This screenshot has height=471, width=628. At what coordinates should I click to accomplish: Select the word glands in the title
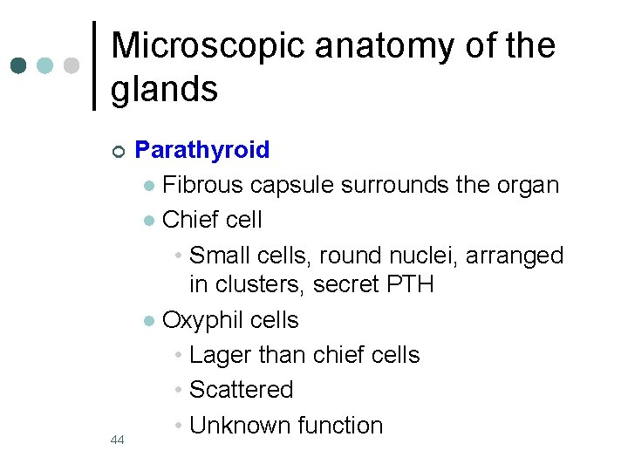tap(164, 88)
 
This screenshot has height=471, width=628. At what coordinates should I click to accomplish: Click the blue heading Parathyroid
tap(202, 150)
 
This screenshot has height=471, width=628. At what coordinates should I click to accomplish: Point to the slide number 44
tap(118, 440)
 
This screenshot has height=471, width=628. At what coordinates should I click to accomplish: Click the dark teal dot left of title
tap(18, 65)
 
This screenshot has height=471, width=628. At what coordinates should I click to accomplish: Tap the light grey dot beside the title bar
tap(72, 65)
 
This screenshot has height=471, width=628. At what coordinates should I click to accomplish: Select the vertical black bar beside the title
tap(95, 65)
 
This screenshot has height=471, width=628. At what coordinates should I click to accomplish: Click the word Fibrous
tap(202, 186)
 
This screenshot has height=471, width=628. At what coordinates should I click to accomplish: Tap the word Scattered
tap(241, 390)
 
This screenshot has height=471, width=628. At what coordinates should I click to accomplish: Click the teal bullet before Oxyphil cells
tap(150, 322)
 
